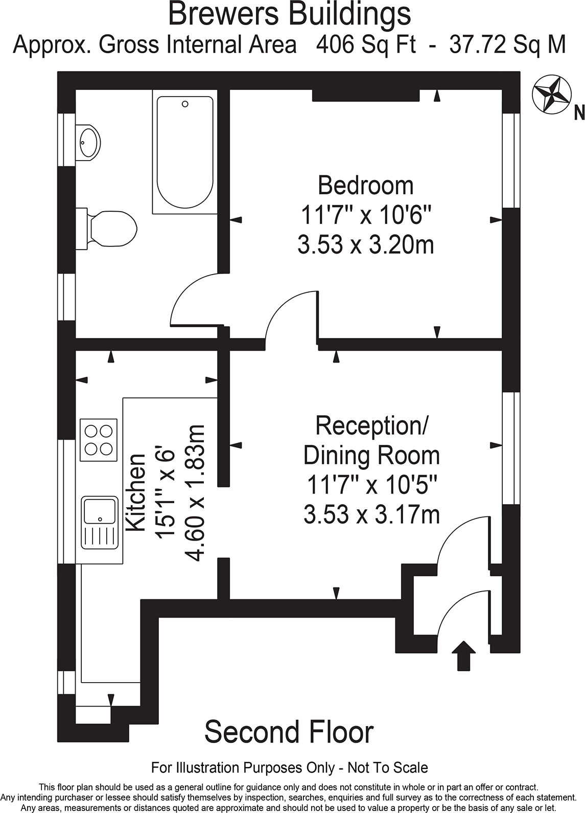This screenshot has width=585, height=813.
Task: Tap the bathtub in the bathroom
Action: (x=184, y=152)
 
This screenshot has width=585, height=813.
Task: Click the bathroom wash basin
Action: (x=88, y=142)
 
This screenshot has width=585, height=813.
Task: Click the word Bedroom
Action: (x=365, y=185)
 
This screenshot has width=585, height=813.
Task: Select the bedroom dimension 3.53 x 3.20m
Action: (x=365, y=245)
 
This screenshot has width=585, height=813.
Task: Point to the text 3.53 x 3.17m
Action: (x=371, y=514)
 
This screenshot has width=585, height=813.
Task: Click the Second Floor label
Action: (x=289, y=732)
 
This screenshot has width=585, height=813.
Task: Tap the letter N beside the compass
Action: (x=579, y=112)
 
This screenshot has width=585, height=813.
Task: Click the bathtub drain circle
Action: (x=185, y=104)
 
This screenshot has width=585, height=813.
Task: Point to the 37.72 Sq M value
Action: (x=507, y=45)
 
